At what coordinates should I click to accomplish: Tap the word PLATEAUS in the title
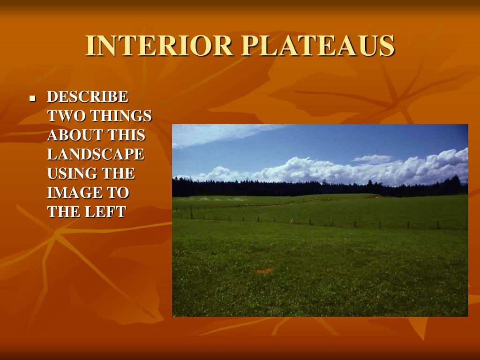tap(318, 46)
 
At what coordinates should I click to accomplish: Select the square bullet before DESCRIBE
tap(32, 99)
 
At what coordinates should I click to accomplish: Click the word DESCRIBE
tap(88, 97)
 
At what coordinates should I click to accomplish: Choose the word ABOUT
tap(75, 135)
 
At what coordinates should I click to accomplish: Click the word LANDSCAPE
tap(96, 155)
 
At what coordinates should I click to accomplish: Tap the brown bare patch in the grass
tap(263, 270)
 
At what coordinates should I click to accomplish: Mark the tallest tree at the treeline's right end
tap(458, 184)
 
